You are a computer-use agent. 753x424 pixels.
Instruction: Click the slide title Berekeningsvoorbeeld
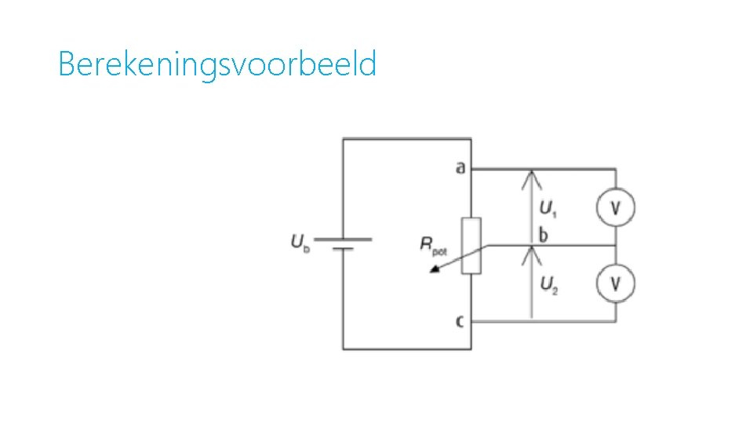217,64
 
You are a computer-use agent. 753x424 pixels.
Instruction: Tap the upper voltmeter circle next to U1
615,208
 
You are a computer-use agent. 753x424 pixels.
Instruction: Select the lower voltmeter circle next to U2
615,283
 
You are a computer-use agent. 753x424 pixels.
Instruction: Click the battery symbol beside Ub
343,244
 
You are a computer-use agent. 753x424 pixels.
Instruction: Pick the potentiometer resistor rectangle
471,246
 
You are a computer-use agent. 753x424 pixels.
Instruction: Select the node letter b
543,234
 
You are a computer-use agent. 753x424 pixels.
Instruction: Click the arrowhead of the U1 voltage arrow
532,174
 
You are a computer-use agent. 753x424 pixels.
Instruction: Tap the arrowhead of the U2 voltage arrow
532,250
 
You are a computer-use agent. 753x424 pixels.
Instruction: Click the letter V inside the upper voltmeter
615,208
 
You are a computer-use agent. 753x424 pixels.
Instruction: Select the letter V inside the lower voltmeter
615,283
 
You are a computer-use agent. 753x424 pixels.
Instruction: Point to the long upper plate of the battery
343,239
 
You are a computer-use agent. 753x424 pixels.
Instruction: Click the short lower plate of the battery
343,250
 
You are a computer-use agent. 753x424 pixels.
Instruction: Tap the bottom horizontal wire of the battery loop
406,349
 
